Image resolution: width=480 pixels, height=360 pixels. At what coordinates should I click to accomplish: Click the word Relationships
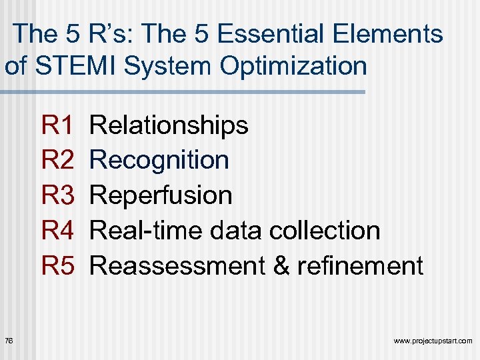click(169, 125)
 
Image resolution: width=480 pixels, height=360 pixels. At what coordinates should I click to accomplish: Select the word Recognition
click(159, 160)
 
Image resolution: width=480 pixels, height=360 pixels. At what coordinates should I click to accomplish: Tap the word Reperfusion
click(161, 195)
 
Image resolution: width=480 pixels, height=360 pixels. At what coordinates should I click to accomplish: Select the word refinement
click(360, 266)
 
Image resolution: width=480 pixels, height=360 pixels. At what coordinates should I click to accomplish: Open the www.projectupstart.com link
click(433, 341)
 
